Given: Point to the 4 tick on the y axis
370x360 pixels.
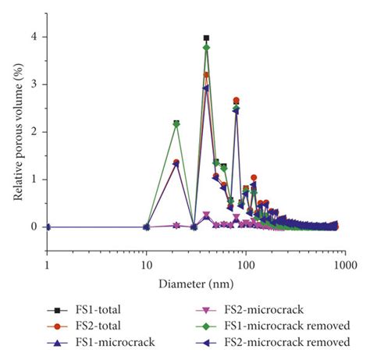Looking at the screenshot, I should [34, 37].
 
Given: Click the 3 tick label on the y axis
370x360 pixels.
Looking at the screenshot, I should [34, 84].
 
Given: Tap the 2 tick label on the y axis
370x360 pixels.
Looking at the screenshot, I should [34, 132].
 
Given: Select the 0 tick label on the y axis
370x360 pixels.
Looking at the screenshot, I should [34, 226].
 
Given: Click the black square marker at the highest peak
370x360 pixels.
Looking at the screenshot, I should [206, 37].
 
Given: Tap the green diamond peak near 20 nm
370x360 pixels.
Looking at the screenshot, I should [176, 124].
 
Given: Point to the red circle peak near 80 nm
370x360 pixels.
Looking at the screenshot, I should [236, 100].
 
